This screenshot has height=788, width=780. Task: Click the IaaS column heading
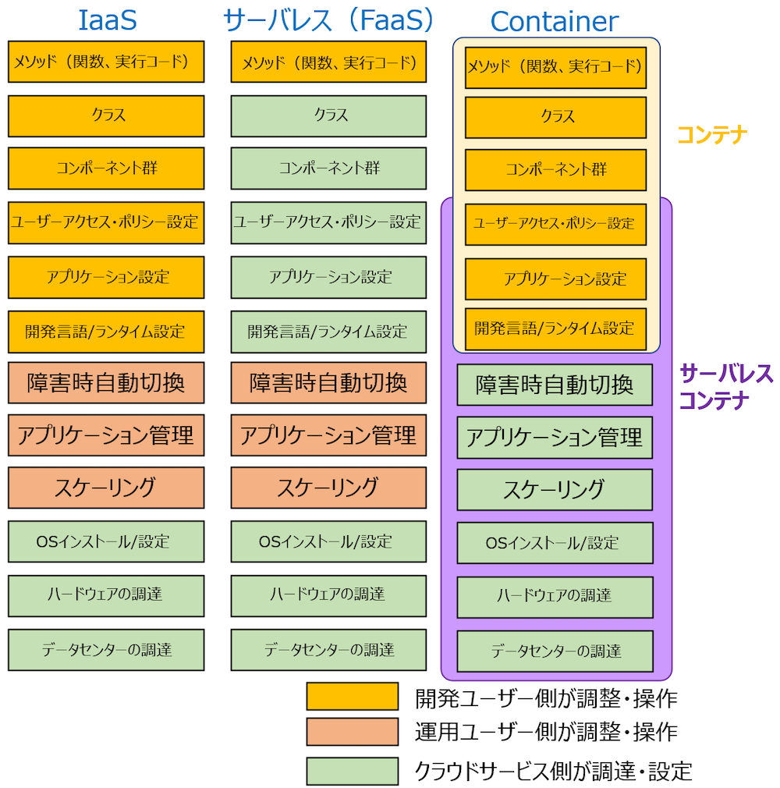pos(106,20)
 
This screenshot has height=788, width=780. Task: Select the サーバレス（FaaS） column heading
pos(328,20)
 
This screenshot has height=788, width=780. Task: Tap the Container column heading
pos(554,22)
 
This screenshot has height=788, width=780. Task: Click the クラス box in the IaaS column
pos(106,115)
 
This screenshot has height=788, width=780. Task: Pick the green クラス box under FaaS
pos(328,115)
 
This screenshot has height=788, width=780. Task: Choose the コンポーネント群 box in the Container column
pos(555,170)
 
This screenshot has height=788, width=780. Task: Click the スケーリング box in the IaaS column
pos(106,488)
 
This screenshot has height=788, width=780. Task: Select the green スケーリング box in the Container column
pos(554,490)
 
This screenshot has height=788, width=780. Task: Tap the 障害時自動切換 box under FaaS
pos(328,383)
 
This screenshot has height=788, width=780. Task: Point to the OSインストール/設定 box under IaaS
pos(106,541)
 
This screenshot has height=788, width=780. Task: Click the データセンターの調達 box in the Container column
pos(554,651)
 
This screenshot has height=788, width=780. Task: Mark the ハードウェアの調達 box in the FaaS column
pos(328,595)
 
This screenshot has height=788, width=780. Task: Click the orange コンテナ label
pos(711,135)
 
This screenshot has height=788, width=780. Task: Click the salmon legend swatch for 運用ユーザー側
pos(352,732)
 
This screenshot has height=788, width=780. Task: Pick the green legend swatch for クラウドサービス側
pos(352,771)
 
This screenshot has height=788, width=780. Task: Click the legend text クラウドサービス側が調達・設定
pos(554,771)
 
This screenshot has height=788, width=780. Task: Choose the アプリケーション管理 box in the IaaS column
pos(106,435)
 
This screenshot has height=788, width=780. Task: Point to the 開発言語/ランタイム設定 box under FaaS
pos(328,332)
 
